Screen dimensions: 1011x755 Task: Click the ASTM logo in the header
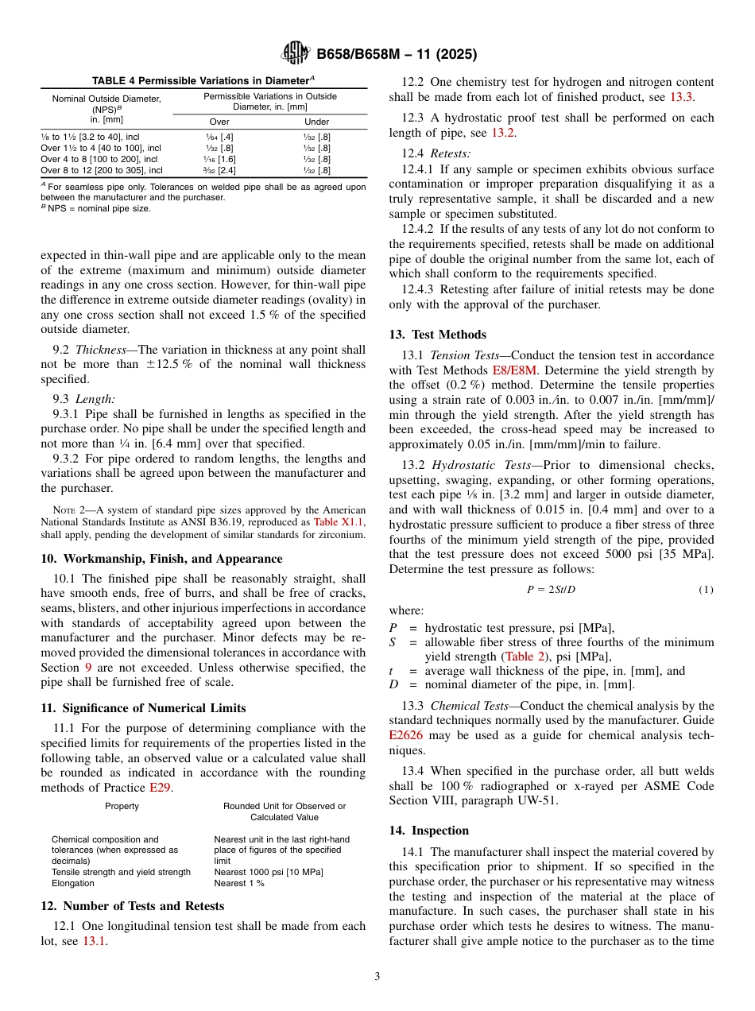coord(296,54)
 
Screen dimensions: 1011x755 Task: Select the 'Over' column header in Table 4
coord(219,122)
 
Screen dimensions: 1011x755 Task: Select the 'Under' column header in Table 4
coord(317,122)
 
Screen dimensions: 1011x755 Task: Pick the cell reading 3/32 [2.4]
coord(219,170)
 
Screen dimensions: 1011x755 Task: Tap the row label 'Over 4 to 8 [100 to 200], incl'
coord(99,159)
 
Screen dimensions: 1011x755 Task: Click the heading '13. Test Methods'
coord(437,335)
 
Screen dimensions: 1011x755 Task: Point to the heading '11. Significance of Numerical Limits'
coord(143,708)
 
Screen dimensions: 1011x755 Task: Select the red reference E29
coord(160,788)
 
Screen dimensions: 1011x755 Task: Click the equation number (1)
coord(706,589)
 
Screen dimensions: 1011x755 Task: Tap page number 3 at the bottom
coord(377,976)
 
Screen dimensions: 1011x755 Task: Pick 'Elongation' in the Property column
coord(72,883)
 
